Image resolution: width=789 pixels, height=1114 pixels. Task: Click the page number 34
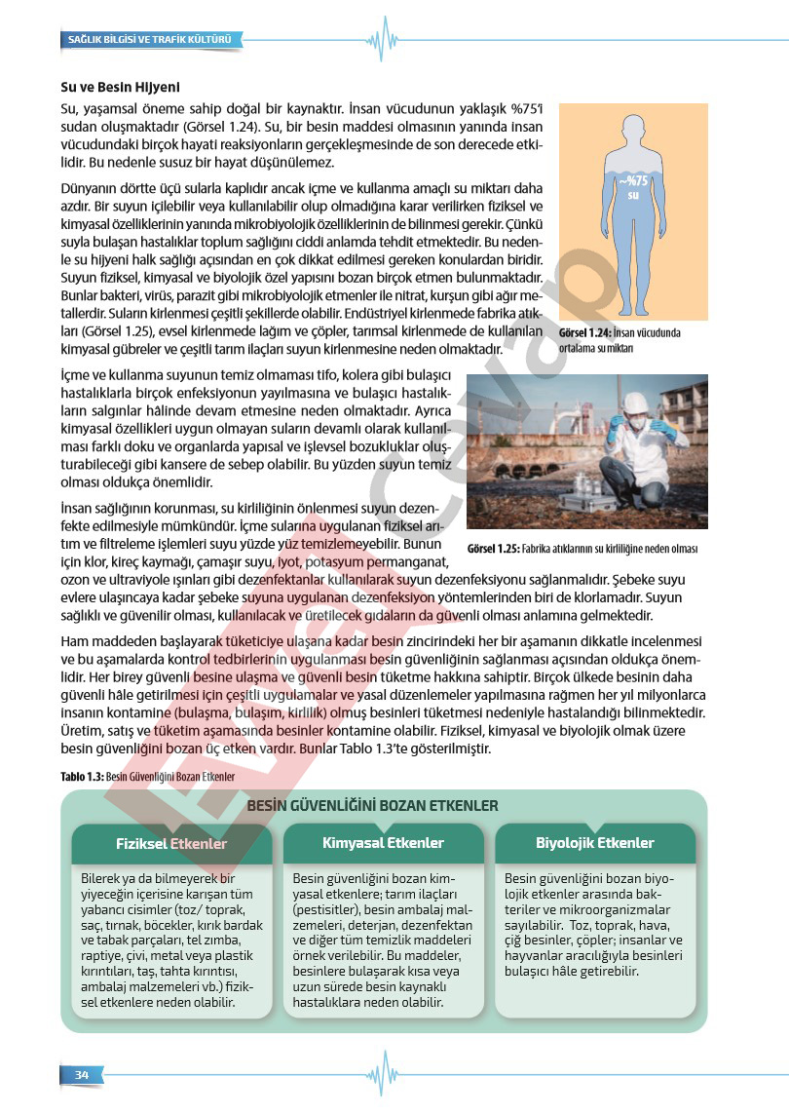click(82, 1074)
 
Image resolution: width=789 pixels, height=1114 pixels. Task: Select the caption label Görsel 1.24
click(584, 333)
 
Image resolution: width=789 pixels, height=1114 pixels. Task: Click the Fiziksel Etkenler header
click(171, 844)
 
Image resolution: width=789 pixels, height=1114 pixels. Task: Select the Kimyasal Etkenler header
click(383, 843)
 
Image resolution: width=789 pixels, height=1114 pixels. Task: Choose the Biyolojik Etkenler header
click(595, 843)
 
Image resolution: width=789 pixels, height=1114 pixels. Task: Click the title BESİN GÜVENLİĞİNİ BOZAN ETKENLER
click(373, 806)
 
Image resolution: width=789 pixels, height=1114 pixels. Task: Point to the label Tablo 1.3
click(81, 777)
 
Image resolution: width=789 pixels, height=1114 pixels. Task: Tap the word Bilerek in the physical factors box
click(104, 878)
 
